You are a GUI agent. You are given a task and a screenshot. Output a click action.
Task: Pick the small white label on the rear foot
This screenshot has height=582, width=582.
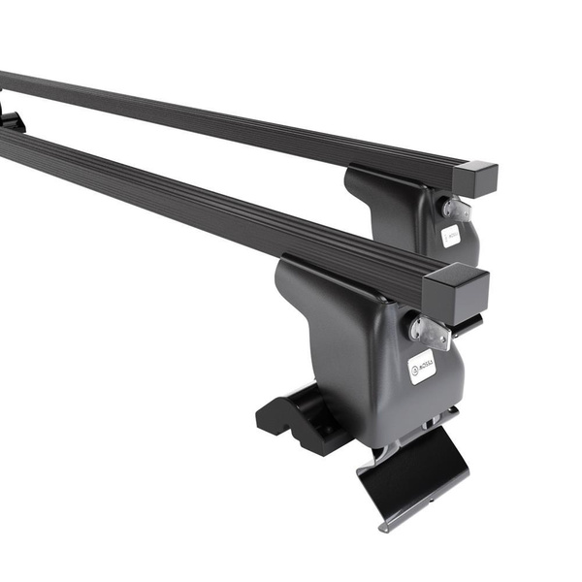[451, 236]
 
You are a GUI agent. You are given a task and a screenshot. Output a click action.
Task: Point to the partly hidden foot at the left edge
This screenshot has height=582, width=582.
[10, 118]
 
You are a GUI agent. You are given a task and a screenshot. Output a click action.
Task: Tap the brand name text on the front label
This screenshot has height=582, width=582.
[426, 364]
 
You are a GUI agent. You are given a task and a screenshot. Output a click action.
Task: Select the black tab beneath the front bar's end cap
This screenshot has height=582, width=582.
[467, 321]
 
